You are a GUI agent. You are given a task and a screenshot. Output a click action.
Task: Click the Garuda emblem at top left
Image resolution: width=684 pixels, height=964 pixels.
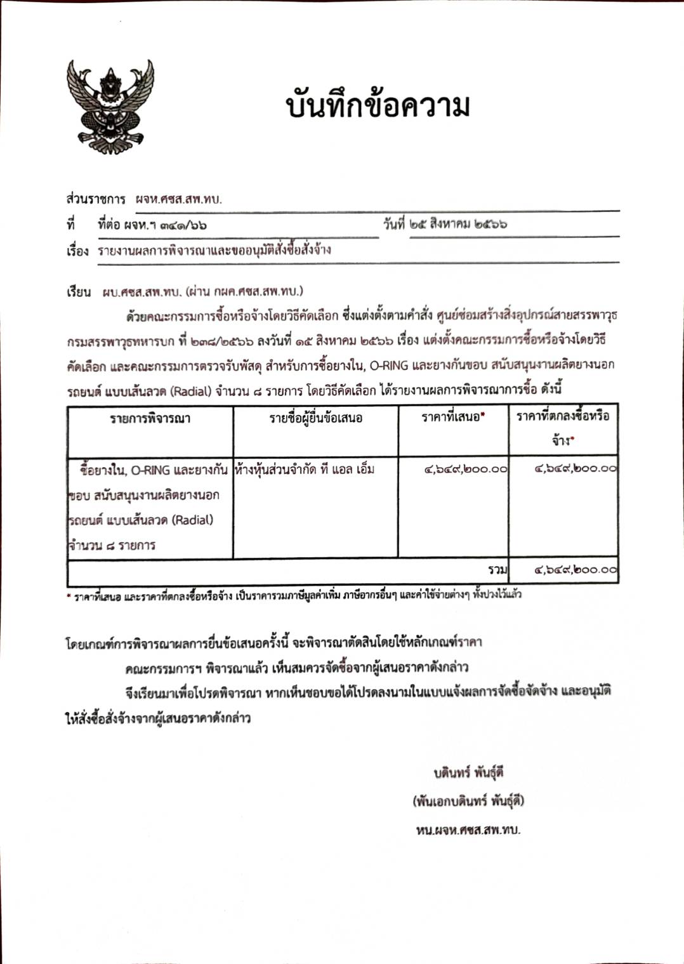(110, 106)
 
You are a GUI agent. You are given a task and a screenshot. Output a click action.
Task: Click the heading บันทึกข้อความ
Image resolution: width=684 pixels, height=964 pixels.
(378, 106)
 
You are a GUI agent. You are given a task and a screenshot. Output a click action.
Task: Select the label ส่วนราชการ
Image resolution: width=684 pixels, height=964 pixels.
(95, 199)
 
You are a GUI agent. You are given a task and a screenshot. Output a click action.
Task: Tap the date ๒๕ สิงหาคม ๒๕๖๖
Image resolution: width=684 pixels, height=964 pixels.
(458, 224)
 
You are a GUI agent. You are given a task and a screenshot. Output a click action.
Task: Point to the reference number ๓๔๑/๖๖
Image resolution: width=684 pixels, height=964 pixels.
(183, 225)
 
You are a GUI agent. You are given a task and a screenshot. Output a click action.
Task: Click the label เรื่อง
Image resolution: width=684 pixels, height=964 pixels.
(77, 250)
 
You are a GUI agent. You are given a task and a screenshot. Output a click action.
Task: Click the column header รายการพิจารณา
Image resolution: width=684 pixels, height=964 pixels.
(150, 418)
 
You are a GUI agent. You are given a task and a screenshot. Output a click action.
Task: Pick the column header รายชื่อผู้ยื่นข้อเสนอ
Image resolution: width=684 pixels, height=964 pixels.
(315, 418)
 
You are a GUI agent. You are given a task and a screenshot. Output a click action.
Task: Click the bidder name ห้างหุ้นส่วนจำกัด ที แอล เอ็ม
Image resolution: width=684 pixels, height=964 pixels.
(305, 470)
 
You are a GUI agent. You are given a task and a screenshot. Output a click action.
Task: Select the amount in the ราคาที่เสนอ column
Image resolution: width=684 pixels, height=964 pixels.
(466, 470)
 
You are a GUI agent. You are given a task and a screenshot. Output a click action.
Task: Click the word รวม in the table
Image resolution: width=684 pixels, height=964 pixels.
(497, 570)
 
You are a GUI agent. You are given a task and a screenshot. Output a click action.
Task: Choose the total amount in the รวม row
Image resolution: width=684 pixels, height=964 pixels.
(575, 570)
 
